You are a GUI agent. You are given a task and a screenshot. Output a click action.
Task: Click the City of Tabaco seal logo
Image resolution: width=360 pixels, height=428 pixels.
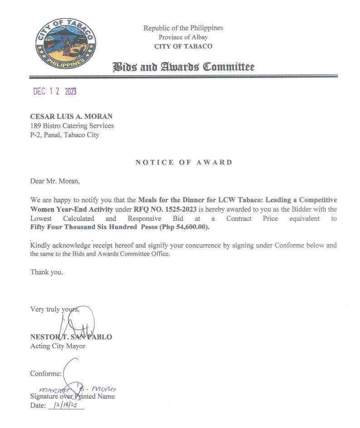pos(66,44)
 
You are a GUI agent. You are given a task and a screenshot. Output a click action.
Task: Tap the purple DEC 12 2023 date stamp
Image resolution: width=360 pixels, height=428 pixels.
pos(55,92)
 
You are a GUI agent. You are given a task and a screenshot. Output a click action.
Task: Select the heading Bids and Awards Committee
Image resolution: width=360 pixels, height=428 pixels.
pos(183,67)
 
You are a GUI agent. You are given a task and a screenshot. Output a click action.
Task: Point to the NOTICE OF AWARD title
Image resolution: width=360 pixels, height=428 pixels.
pos(184,162)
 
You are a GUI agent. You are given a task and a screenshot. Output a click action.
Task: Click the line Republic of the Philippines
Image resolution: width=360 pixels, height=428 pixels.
pos(183,28)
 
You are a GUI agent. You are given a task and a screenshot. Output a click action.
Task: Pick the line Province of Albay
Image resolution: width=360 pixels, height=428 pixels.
pos(183,37)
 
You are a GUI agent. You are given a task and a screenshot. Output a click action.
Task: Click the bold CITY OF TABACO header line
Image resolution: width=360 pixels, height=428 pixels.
pos(183,46)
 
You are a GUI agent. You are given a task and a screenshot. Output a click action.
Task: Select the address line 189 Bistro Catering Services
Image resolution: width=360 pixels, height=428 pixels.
pos(72,126)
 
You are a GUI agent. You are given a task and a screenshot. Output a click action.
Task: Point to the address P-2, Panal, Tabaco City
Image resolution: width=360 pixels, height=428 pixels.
pos(64,135)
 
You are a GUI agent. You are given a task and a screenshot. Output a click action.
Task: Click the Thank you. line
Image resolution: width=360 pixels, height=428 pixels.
pos(47,272)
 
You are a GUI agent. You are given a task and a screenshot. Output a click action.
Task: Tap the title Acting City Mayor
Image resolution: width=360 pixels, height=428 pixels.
pos(58,346)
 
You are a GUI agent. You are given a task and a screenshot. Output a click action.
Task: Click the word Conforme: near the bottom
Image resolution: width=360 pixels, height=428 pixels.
pos(45,374)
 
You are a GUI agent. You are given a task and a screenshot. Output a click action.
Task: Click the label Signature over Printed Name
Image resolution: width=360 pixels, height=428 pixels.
pos(72,396)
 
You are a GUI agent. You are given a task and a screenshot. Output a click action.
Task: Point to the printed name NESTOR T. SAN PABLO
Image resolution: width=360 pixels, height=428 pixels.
pos(71,337)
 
